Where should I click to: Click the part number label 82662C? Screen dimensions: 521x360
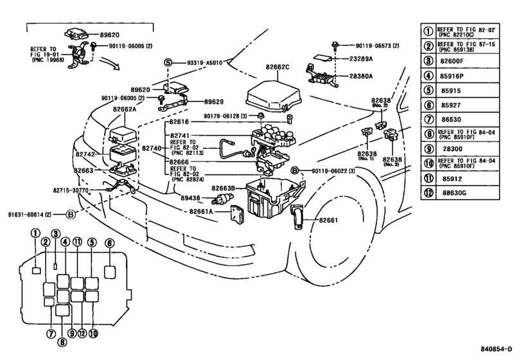(x=277, y=67)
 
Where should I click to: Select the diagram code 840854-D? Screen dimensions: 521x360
(x=497, y=349)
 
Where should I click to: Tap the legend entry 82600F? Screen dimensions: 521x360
(x=452, y=61)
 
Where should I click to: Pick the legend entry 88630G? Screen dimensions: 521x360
(x=454, y=193)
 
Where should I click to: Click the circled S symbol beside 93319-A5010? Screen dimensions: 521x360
(x=168, y=62)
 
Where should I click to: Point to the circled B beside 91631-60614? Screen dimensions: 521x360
(x=71, y=215)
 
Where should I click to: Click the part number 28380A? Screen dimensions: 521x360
(x=361, y=76)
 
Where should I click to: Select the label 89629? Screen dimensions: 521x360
(x=214, y=102)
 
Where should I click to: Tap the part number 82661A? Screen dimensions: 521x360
(x=201, y=212)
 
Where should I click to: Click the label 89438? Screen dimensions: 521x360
(x=190, y=198)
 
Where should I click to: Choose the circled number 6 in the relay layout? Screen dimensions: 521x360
(x=109, y=244)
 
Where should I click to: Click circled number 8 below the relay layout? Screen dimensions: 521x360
(x=62, y=341)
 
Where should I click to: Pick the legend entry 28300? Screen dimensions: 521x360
(x=452, y=149)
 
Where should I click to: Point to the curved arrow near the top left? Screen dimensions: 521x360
(x=110, y=62)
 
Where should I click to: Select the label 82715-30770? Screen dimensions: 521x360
(x=71, y=190)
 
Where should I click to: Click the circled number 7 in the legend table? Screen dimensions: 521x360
(x=429, y=120)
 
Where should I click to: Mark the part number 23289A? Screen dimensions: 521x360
(x=361, y=59)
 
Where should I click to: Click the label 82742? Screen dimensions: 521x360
(x=85, y=154)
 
